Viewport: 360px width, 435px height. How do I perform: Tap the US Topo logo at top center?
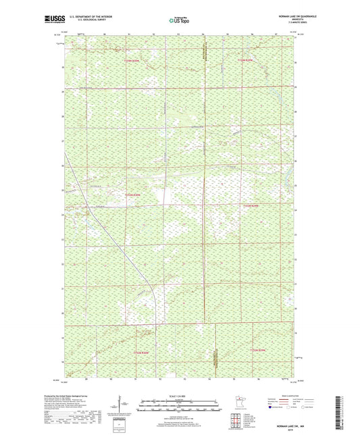(179, 21)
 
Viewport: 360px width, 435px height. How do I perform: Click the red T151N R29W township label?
(260, 350)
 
